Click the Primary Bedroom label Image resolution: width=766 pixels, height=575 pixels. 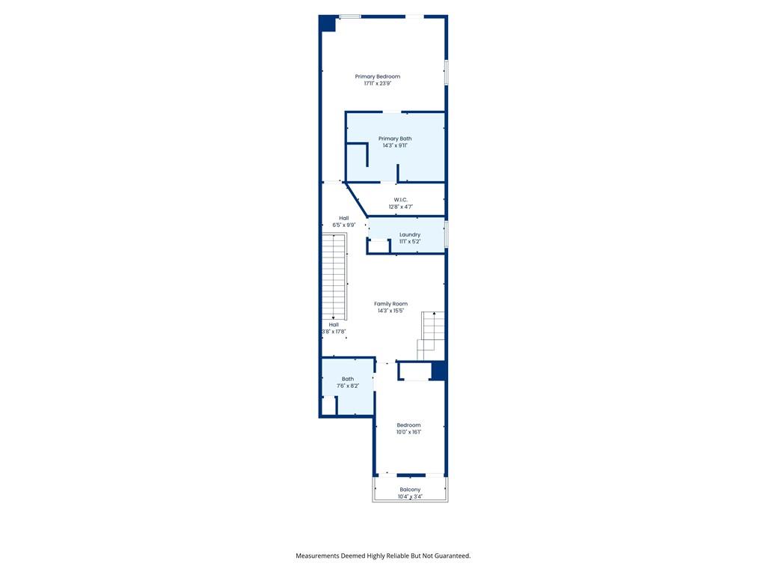pyautogui.click(x=378, y=76)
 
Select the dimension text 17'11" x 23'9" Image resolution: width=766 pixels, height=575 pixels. pyautogui.click(x=378, y=84)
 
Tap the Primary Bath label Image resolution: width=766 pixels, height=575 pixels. pyautogui.click(x=395, y=139)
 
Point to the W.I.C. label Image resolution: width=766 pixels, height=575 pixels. pyautogui.click(x=401, y=199)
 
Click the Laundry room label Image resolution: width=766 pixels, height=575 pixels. pyautogui.click(x=410, y=234)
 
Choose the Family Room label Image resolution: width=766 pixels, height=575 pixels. pyautogui.click(x=390, y=304)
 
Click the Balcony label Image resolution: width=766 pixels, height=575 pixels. pyautogui.click(x=410, y=490)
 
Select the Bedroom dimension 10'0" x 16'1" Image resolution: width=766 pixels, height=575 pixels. pyautogui.click(x=409, y=432)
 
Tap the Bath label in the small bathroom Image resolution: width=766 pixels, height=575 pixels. pyautogui.click(x=348, y=379)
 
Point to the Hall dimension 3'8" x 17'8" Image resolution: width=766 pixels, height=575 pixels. pyautogui.click(x=334, y=332)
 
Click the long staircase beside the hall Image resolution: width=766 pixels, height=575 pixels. pyautogui.click(x=334, y=276)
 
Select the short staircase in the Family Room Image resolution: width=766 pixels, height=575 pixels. pyautogui.click(x=430, y=336)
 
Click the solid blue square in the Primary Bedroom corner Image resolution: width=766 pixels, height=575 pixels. pyautogui.click(x=328, y=24)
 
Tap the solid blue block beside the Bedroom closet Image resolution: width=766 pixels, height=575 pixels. pyautogui.click(x=438, y=370)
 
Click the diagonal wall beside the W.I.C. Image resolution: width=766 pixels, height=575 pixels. pyautogui.click(x=356, y=199)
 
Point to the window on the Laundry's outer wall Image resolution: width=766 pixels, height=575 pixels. pyautogui.click(x=446, y=234)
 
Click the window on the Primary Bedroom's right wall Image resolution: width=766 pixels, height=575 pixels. pyautogui.click(x=446, y=73)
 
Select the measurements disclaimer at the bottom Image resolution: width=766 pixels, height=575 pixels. pyautogui.click(x=383, y=556)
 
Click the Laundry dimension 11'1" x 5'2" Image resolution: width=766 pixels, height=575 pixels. pyautogui.click(x=410, y=242)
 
